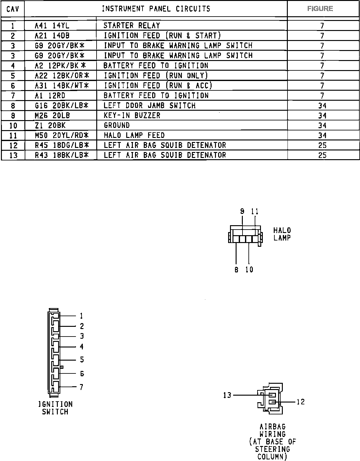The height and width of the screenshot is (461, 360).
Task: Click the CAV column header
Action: coord(13,9)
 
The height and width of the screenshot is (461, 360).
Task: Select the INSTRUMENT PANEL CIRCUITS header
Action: coord(156,9)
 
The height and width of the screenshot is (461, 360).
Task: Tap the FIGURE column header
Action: coord(320,9)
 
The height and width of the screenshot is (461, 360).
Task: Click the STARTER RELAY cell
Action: coord(132,26)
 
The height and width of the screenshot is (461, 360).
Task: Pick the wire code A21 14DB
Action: coord(52,36)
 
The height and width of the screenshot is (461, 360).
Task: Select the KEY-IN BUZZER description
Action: coord(132,115)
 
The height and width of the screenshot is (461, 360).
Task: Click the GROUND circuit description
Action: coord(117,125)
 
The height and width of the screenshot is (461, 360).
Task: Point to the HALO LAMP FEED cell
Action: coord(134,135)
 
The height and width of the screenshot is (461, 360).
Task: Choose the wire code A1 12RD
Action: coord(50,95)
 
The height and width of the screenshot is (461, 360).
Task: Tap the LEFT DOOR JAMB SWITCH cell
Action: coord(149,105)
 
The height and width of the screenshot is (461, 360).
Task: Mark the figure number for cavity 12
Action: coord(322,145)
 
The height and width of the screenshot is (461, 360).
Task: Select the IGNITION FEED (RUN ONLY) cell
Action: coord(156,76)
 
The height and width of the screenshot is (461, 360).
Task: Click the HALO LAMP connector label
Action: coord(282,234)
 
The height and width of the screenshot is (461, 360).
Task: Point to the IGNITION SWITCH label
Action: coord(55,408)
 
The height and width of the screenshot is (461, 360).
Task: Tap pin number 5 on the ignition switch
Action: coord(82,360)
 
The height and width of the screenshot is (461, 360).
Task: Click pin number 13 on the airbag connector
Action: coord(227,395)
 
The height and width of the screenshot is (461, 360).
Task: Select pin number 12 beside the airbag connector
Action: coord(301,402)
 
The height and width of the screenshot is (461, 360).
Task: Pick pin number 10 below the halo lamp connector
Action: coord(249,270)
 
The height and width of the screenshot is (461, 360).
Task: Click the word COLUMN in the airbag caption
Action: coord(272,457)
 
